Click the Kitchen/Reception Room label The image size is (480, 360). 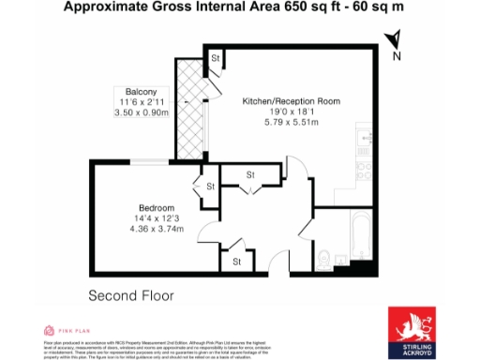291,100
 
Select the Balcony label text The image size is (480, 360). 142,90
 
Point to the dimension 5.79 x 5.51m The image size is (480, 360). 291,123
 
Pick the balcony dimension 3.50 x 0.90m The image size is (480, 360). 142,112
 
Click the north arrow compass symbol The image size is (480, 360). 396,42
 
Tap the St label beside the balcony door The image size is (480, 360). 215,59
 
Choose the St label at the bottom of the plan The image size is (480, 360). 237,261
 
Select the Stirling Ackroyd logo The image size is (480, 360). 412,330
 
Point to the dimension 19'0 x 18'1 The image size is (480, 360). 291,112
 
